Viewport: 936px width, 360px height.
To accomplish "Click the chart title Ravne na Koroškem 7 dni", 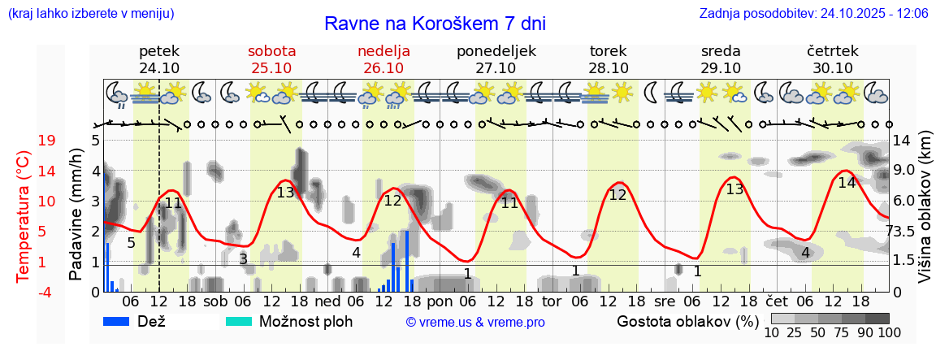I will (x=434, y=24).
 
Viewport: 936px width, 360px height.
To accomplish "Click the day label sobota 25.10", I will (x=271, y=59).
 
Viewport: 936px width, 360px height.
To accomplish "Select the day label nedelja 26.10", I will (x=383, y=59).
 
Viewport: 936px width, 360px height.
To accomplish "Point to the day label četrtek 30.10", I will (x=833, y=59).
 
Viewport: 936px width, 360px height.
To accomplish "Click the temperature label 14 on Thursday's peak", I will (x=847, y=183).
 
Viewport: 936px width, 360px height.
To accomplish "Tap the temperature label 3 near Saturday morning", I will (x=243, y=259).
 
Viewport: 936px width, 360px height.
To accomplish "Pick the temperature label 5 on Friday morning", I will (x=131, y=242).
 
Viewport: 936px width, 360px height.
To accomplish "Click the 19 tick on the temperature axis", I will (x=46, y=141).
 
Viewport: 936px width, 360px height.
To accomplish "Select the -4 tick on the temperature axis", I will (x=46, y=292).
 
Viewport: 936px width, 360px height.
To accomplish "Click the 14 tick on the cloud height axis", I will (x=903, y=141).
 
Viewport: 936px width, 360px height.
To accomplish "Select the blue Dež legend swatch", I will (x=122, y=321).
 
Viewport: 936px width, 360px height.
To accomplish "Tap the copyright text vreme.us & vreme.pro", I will (x=475, y=323).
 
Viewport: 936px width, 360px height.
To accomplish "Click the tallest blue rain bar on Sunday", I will (x=406, y=260).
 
